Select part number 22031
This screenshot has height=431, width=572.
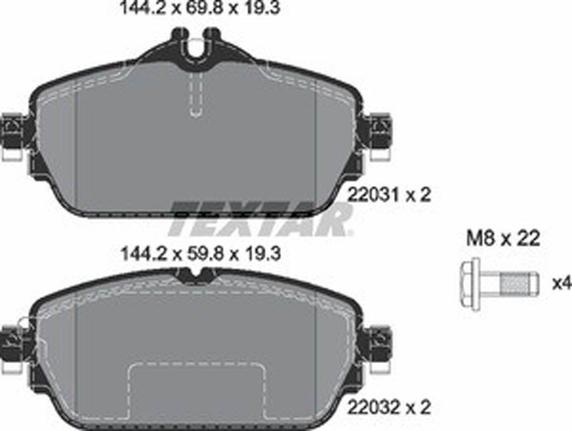pos(374,195)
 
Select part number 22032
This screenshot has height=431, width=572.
pos(374,407)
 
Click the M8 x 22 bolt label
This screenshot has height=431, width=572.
pos(503,239)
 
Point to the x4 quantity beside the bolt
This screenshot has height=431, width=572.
pos(562,283)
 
